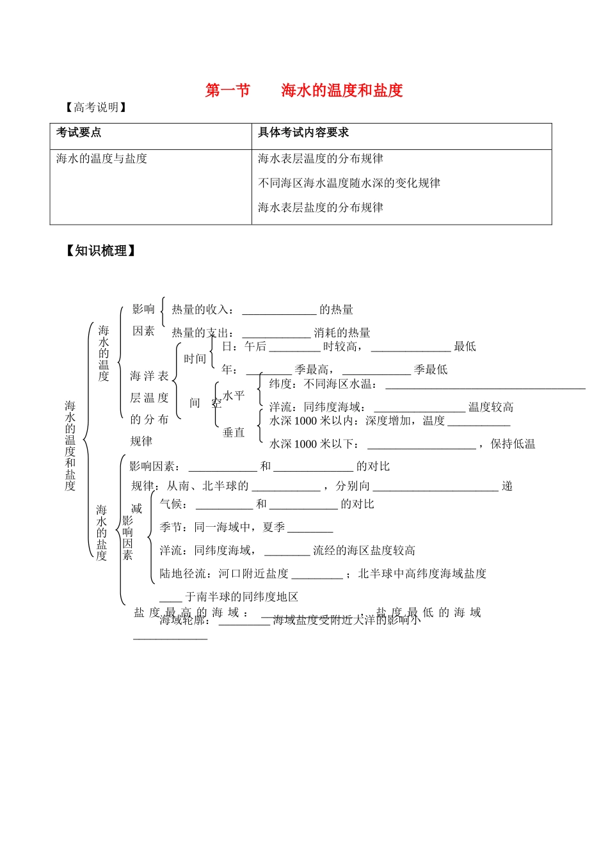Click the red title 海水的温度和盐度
(342, 90)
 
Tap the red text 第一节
(227, 90)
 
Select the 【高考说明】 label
(95, 108)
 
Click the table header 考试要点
(79, 132)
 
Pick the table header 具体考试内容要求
(303, 132)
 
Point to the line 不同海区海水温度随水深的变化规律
(349, 183)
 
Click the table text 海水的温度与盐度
(102, 158)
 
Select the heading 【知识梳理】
(100, 251)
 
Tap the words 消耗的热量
(342, 333)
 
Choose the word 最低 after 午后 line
(465, 346)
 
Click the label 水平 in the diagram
(234, 396)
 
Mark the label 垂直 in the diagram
(234, 433)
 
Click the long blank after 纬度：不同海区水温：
(485, 385)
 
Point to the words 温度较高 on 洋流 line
(491, 407)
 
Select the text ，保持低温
(506, 444)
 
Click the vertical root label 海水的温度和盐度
(70, 446)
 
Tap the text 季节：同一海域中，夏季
(222, 527)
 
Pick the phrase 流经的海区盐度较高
(364, 550)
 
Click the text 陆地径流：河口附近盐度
(224, 574)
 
